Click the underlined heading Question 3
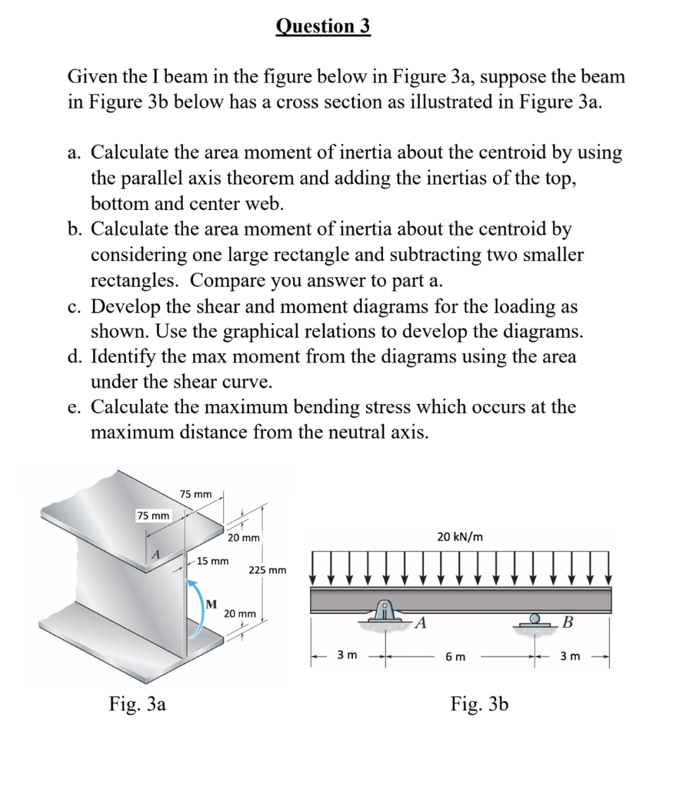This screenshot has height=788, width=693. click(323, 26)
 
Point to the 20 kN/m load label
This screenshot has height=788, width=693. click(460, 536)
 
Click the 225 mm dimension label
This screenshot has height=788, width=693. click(268, 570)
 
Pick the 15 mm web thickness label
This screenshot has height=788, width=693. click(212, 561)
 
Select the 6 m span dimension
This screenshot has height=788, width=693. click(455, 656)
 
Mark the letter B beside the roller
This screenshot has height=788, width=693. click(568, 622)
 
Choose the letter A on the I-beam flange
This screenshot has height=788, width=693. click(156, 555)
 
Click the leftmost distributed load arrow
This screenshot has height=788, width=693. click(315, 566)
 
